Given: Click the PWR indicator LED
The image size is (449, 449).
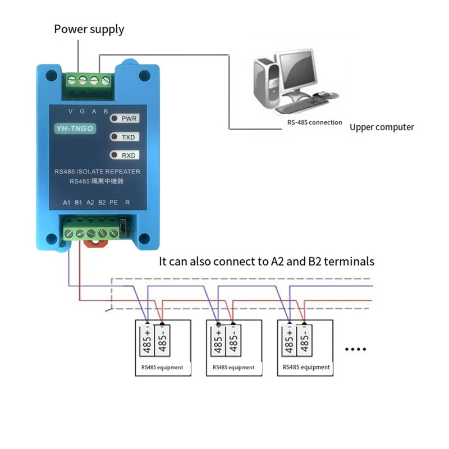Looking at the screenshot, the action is (114, 118).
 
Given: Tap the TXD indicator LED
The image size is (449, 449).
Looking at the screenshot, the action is (114, 137).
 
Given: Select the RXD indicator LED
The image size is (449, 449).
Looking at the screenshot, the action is (114, 155).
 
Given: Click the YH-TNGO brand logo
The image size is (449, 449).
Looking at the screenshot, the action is (75, 129).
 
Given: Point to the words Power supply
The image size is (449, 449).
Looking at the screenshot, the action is (89, 30).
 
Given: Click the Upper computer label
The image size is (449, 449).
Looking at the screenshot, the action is (382, 127).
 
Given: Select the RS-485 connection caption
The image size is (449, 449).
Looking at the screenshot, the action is (314, 122).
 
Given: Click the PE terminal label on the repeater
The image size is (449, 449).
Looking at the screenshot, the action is (114, 203).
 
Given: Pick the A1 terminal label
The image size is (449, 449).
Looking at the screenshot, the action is (66, 203).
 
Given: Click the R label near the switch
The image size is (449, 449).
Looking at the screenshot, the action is (127, 203).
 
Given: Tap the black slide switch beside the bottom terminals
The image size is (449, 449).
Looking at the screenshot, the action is (123, 228).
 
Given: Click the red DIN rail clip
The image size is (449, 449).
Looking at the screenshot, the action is (95, 244).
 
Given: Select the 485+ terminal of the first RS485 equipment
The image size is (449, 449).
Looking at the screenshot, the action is (147, 341).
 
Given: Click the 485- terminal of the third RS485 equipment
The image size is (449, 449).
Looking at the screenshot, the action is (304, 341).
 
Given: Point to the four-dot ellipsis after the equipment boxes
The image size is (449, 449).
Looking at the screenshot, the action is (355, 349).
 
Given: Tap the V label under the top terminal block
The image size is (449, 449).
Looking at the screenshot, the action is (71, 111).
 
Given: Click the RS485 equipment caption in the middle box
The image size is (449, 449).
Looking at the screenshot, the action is (233, 368).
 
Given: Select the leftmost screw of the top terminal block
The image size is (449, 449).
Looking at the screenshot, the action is (72, 80).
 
